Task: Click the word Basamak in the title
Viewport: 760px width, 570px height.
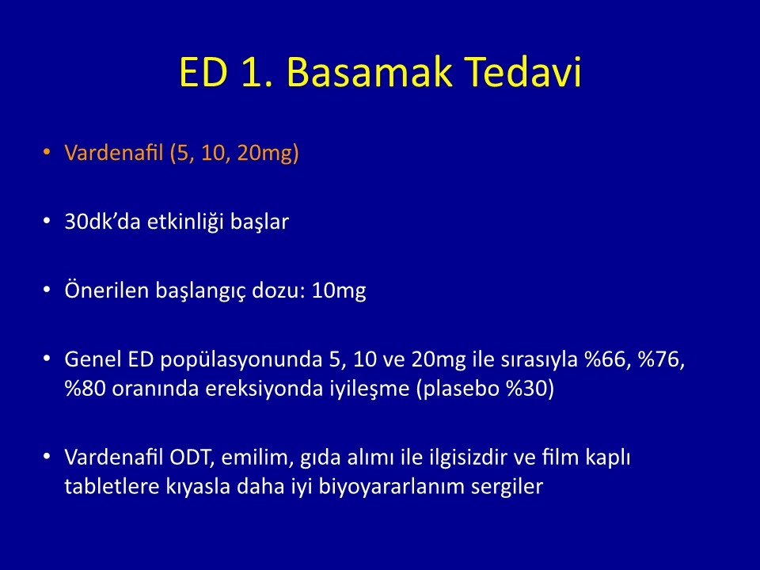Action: click(370, 72)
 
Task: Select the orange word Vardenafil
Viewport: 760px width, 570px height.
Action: click(114, 153)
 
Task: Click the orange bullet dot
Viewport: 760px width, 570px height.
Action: click(47, 152)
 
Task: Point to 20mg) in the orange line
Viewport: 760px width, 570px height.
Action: click(268, 154)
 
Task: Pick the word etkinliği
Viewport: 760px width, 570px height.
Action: click(185, 222)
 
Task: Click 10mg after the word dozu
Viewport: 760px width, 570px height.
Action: click(339, 291)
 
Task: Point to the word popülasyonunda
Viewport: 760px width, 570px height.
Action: click(241, 360)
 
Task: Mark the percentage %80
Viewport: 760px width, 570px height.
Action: click(85, 389)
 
